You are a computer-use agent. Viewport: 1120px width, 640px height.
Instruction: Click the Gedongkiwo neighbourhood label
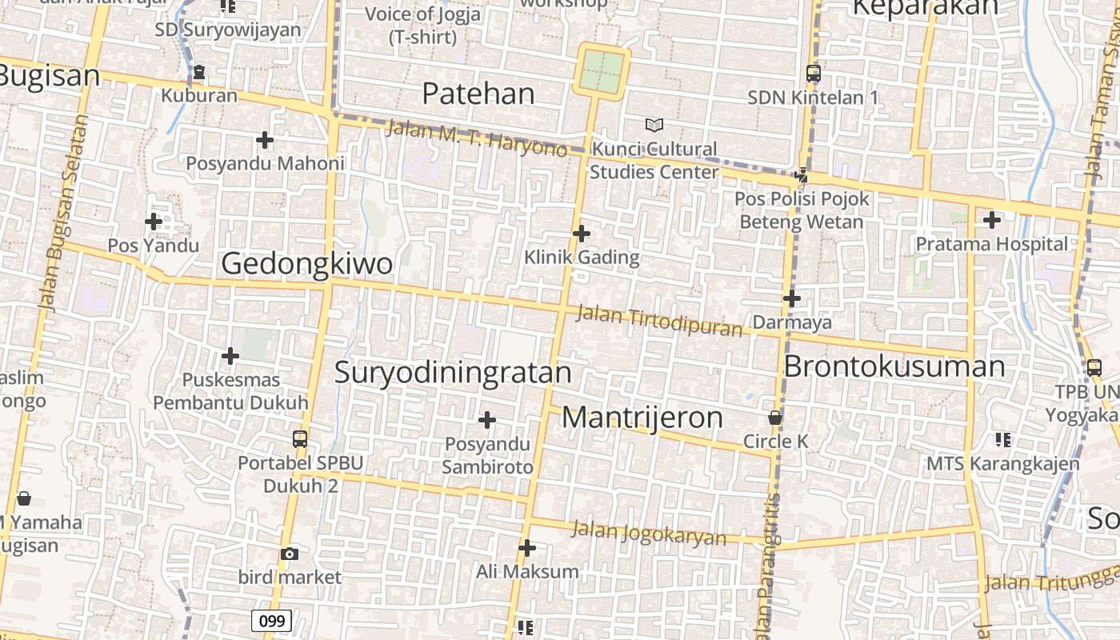306,263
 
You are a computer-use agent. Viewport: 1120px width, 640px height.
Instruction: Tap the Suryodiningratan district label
453,373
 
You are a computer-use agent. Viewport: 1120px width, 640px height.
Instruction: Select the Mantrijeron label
642,417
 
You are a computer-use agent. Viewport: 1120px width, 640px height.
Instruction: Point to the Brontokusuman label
894,366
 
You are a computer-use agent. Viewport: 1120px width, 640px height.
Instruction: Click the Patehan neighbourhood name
478,94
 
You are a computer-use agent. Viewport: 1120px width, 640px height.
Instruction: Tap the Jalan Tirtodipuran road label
659,321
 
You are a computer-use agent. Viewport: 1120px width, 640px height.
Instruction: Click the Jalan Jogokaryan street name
649,534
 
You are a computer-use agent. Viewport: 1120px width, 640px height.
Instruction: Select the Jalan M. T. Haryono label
477,138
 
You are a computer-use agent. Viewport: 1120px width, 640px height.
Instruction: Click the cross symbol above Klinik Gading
582,234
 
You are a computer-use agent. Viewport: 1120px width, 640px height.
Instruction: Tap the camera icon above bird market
290,554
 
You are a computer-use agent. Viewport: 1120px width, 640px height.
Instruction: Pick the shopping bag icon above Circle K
774,417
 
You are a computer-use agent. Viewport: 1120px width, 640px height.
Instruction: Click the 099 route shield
271,620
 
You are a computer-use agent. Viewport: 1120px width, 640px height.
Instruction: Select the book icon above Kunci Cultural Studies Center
654,125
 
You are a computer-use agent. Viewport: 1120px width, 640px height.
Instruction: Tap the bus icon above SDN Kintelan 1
813,74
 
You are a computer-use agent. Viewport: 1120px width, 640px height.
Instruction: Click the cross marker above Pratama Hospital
991,219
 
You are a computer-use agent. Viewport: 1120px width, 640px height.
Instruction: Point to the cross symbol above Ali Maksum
526,548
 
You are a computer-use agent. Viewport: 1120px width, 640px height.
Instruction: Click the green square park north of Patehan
602,71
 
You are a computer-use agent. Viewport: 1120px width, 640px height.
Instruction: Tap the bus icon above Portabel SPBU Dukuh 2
300,438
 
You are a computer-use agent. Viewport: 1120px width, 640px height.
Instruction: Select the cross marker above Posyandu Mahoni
265,140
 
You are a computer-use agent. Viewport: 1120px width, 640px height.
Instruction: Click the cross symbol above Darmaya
792,298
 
